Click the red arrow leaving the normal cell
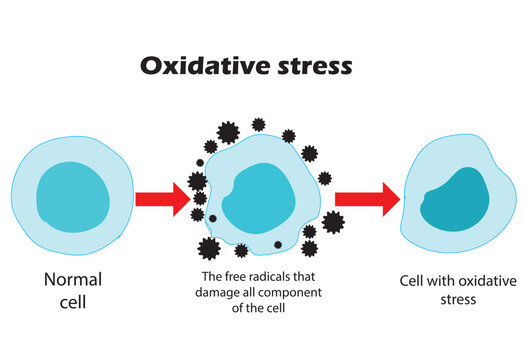(x=161, y=198)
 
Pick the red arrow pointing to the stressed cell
(x=364, y=198)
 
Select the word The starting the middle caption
(x=214, y=277)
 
